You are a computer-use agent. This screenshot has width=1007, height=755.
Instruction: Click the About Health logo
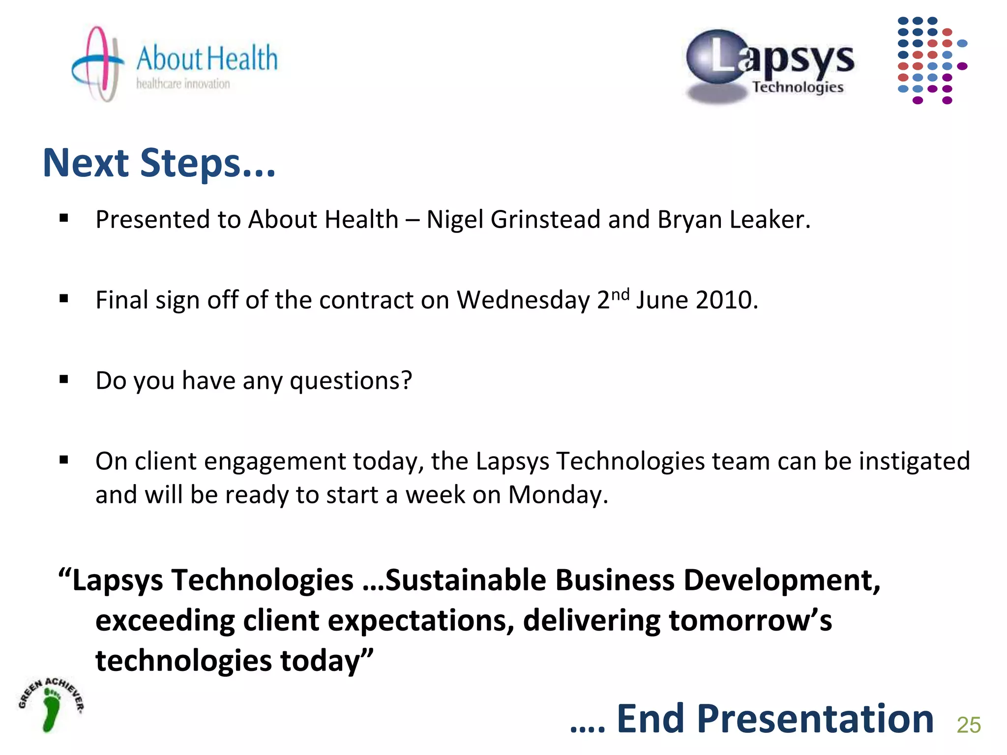coord(175,64)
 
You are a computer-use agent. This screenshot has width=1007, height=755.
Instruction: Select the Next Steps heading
coord(159,163)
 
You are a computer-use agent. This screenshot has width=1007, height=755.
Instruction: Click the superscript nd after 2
coord(620,294)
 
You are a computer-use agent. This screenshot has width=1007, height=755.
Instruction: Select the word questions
coord(351,381)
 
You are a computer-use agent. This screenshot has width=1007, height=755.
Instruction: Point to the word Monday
coord(558,494)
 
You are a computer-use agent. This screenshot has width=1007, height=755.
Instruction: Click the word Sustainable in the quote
coord(466,580)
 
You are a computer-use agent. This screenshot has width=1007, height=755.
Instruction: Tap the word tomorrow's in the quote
coord(750,620)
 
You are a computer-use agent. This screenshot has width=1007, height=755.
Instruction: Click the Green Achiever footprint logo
coord(51,704)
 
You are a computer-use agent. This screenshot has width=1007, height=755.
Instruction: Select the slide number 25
coord(969,725)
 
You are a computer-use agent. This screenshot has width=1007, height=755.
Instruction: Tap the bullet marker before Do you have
coord(64,379)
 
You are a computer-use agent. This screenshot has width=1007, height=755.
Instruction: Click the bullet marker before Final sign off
coord(64,298)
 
